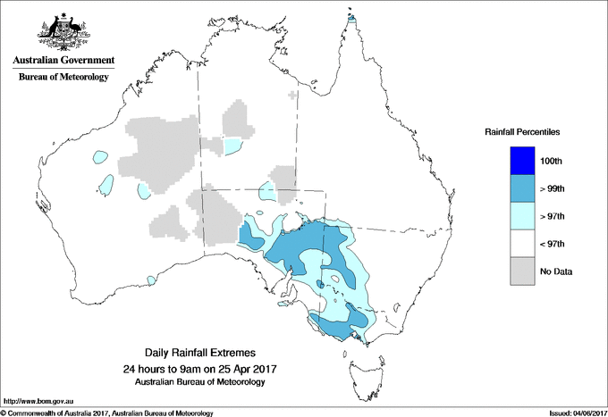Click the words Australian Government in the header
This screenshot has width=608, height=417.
63,61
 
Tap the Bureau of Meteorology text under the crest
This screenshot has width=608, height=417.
63,78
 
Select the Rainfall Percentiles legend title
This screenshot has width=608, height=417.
522,131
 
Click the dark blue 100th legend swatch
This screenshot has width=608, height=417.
521,161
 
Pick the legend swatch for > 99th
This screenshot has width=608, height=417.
521,188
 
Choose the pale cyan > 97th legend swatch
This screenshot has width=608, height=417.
521,216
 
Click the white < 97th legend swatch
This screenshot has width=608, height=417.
521,244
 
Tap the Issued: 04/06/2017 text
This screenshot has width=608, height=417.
572,413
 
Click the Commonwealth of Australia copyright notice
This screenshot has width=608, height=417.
107,413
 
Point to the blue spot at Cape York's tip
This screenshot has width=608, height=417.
351,17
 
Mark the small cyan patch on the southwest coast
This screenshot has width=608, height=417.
152,281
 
